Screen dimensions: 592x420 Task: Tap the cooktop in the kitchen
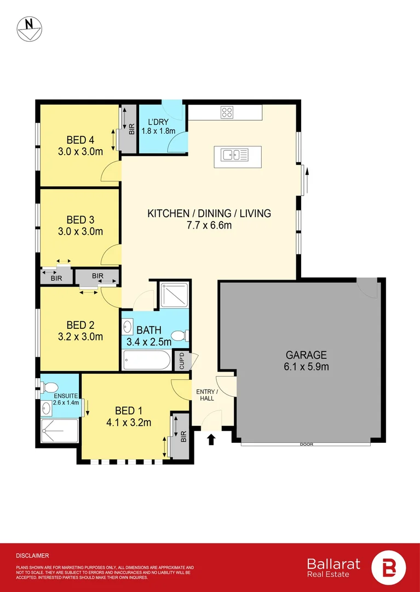point(227,112)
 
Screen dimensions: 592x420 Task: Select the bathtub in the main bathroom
point(146,361)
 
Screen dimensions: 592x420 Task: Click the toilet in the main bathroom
point(180,335)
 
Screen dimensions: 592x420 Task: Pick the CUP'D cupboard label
point(182,361)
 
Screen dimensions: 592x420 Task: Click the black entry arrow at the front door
point(212,438)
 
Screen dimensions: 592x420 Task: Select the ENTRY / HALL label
point(208,395)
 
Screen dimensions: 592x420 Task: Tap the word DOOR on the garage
point(307,444)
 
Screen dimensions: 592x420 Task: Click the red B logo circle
point(389,568)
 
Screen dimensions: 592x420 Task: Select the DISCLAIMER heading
point(32,555)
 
